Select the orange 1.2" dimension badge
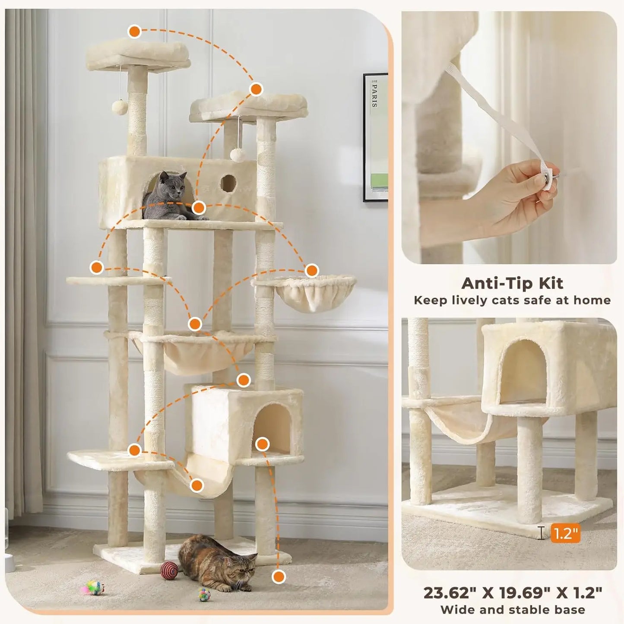pyautogui.click(x=565, y=532)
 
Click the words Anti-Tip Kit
pyautogui.click(x=512, y=283)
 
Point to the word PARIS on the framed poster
pyautogui.click(x=375, y=96)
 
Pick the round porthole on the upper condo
pyautogui.click(x=228, y=183)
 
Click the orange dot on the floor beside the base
pyautogui.click(x=279, y=577)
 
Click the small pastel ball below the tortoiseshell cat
pyautogui.click(x=204, y=594)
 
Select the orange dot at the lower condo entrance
pyautogui.click(x=262, y=444)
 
